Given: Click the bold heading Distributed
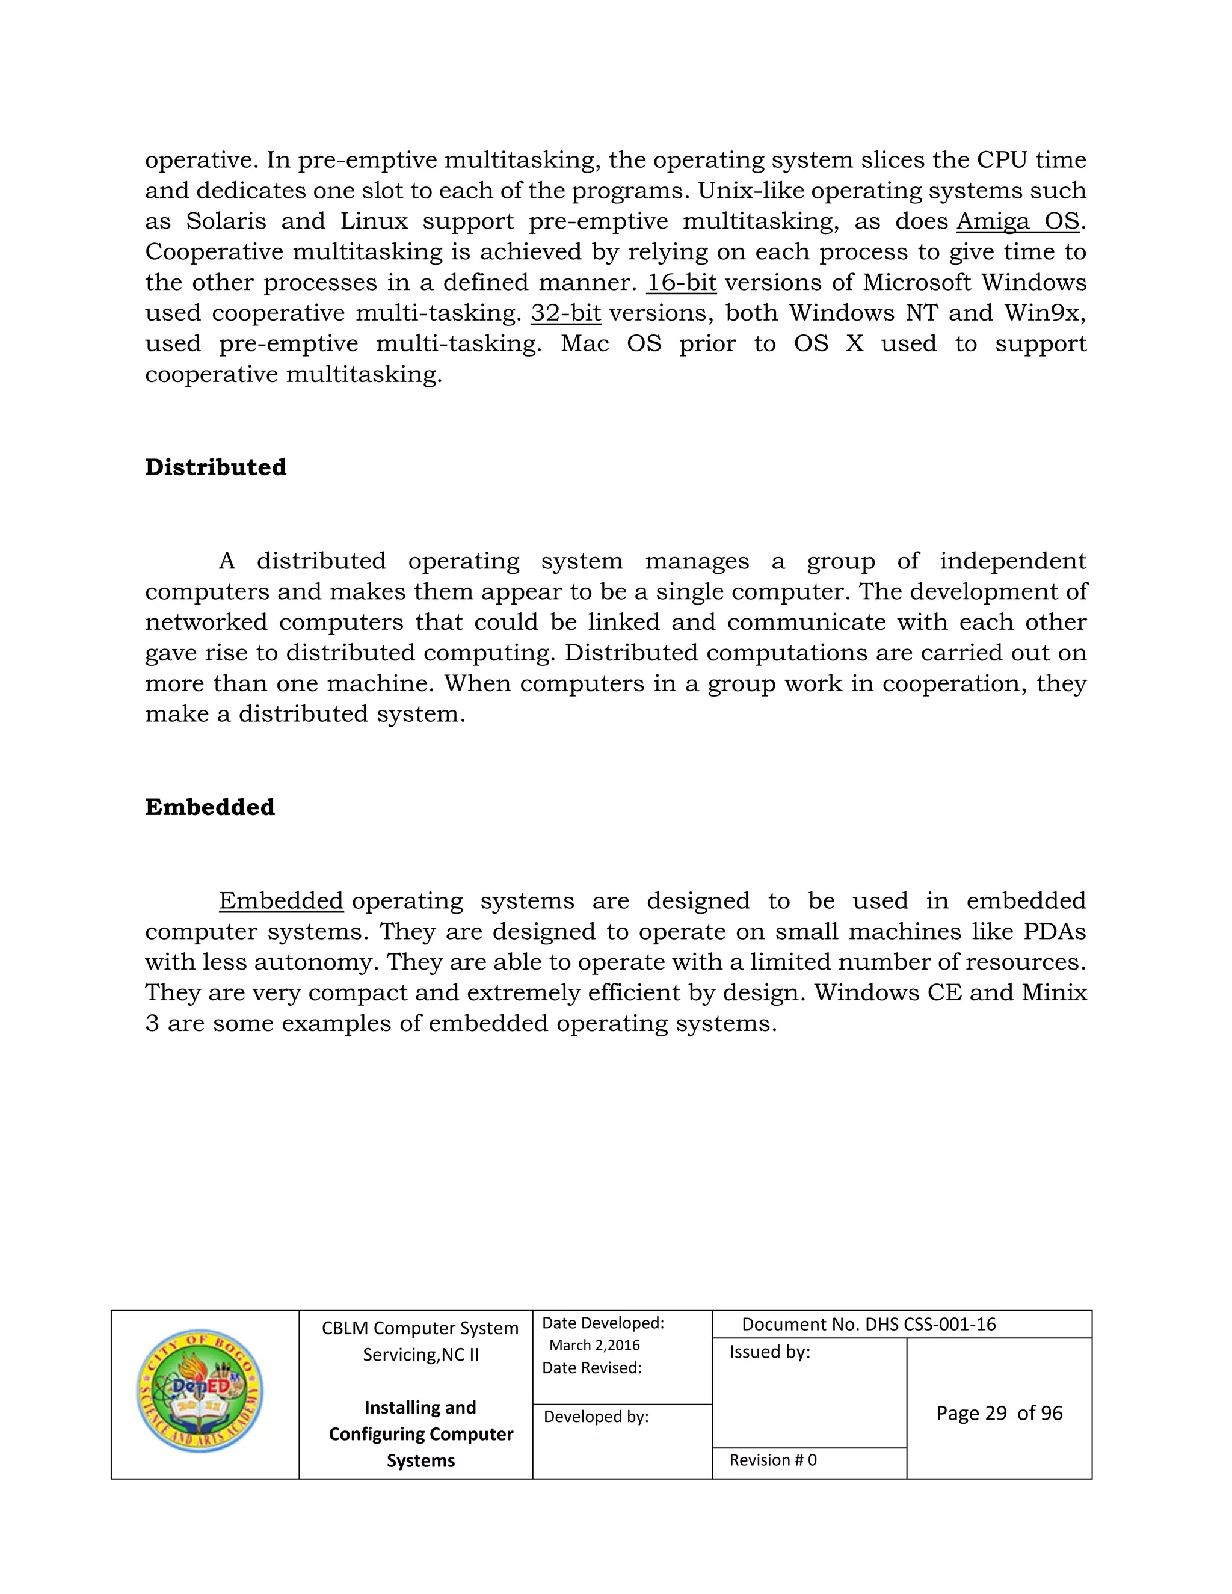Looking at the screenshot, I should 215,467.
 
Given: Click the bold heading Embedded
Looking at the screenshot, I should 209,807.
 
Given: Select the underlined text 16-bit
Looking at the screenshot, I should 681,283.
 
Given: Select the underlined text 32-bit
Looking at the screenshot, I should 565,313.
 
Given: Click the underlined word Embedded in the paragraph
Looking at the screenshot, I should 281,902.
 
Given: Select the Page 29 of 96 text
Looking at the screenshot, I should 999,1414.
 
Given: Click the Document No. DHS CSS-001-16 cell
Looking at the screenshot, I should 869,1325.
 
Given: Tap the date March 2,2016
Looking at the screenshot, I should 594,1345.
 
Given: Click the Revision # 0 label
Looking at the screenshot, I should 772,1460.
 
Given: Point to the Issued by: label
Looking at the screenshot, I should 769,1352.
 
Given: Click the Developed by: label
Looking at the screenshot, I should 596,1417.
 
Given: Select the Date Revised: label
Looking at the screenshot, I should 591,1368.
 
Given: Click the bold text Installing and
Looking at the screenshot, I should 420,1407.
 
